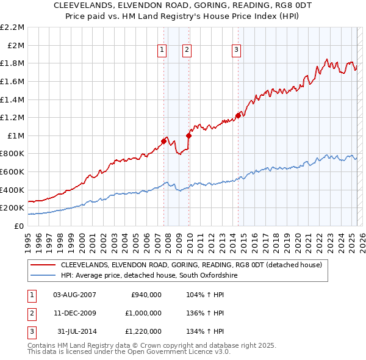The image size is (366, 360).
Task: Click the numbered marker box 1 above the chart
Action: [x=162, y=51]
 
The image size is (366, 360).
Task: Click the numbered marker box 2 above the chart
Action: [x=187, y=51]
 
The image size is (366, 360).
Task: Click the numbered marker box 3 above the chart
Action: [x=237, y=51]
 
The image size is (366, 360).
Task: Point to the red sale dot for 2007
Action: [x=163, y=141]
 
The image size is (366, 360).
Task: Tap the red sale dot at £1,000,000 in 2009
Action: [x=189, y=135]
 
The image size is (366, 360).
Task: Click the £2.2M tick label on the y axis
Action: [x=13, y=27]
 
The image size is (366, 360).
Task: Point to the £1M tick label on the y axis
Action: [x=17, y=135]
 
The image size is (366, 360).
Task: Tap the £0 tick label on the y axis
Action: [x=20, y=226]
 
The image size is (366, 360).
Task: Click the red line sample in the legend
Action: [x=42, y=265]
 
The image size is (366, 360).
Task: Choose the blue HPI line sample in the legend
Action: [x=42, y=276]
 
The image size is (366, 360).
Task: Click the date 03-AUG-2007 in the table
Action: [x=74, y=295]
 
